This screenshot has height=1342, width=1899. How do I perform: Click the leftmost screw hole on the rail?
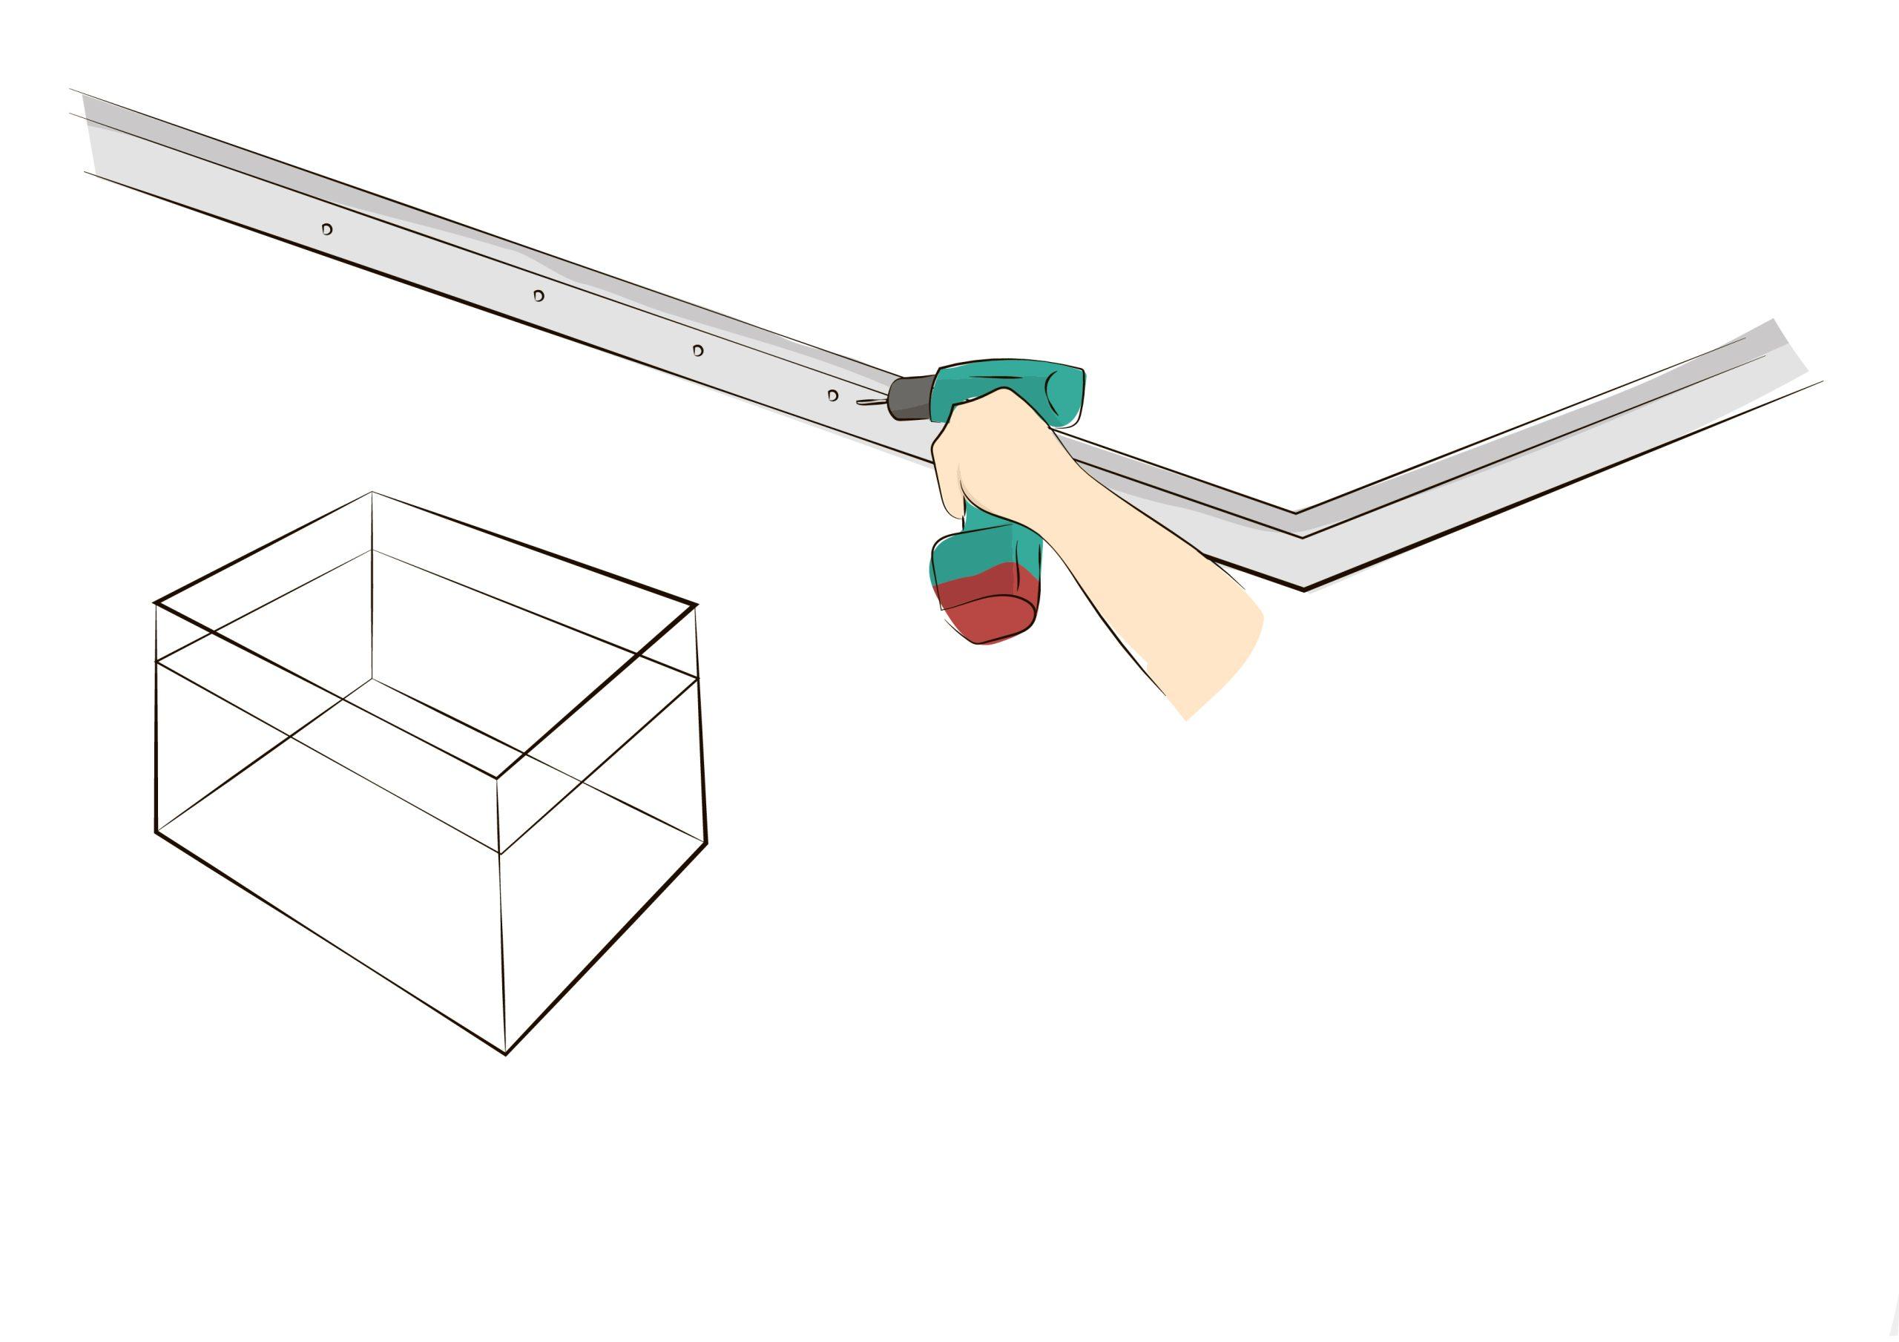(326, 229)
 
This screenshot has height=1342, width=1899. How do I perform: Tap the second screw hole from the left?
(539, 295)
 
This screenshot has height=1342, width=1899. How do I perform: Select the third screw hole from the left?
(698, 351)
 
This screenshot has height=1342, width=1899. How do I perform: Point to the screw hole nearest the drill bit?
(833, 395)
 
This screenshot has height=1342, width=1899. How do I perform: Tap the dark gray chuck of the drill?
(909, 398)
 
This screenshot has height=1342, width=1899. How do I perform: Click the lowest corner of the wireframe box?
(506, 1055)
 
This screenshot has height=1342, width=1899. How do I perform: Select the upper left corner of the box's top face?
(156, 603)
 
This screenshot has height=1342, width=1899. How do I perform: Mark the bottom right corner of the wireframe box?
(707, 844)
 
